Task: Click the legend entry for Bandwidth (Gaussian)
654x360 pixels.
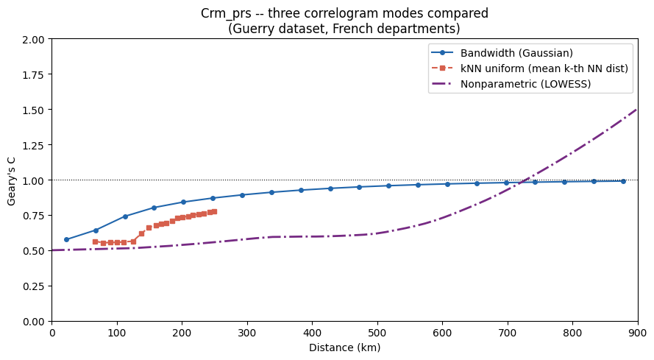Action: click(x=516, y=53)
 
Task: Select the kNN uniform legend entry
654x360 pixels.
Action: click(x=544, y=68)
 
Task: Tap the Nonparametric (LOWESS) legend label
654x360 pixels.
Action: click(x=525, y=84)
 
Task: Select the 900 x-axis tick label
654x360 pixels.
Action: click(x=638, y=333)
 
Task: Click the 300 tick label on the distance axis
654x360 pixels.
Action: click(x=247, y=333)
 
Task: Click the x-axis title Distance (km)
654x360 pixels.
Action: click(x=344, y=347)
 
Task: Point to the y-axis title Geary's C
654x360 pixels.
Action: click(x=11, y=180)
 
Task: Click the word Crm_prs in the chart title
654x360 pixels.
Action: click(x=226, y=13)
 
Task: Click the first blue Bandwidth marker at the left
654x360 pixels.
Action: click(x=66, y=240)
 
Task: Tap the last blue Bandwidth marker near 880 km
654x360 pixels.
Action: click(x=623, y=181)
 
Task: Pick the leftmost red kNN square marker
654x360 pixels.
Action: click(x=95, y=241)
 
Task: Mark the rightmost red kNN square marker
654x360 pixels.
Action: click(x=214, y=212)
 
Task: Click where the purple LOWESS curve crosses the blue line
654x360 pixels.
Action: click(x=522, y=183)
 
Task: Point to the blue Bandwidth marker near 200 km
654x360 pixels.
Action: click(x=183, y=202)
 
